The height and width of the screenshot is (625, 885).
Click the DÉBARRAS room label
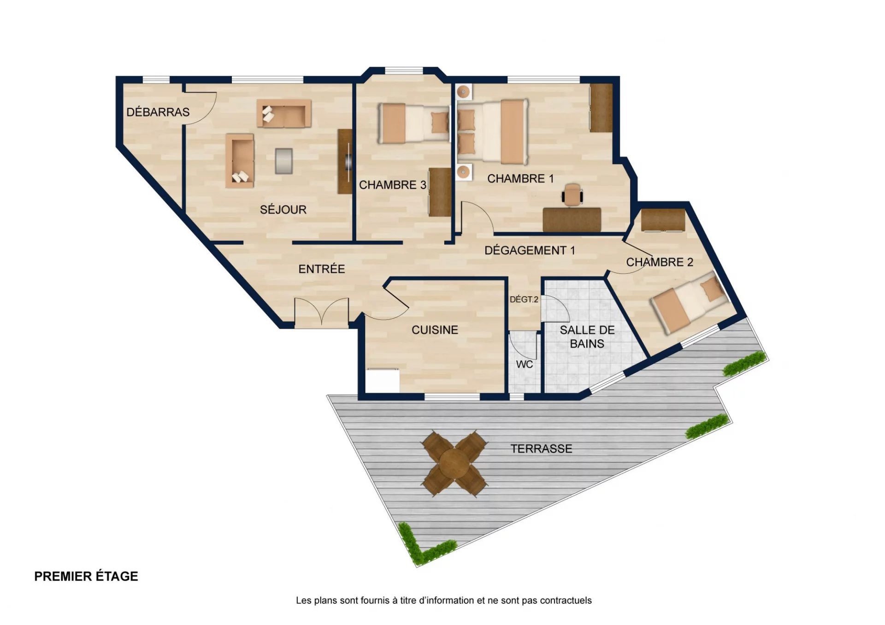[x=158, y=112]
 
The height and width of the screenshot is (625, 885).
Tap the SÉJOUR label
[x=283, y=209]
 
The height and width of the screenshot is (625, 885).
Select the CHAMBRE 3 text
[x=393, y=185]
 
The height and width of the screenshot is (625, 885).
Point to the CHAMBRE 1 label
[x=520, y=178]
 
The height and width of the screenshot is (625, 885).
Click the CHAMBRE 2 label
[x=660, y=262]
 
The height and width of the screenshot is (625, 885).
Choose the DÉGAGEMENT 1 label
[x=530, y=250]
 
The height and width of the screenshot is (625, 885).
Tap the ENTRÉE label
[x=321, y=269]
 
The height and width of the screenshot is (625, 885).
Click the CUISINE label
[x=435, y=330]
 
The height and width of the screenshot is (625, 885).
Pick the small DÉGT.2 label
[x=524, y=299]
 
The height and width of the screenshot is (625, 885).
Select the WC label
[x=525, y=364]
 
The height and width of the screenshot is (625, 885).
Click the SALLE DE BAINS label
[x=587, y=336]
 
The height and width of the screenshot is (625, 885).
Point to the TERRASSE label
[x=541, y=448]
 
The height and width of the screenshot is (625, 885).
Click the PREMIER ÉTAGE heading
[x=86, y=576]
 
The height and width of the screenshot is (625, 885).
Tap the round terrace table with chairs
[x=454, y=463]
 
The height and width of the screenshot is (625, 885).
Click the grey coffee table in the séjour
[x=283, y=161]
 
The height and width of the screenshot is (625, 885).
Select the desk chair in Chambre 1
[x=572, y=194]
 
